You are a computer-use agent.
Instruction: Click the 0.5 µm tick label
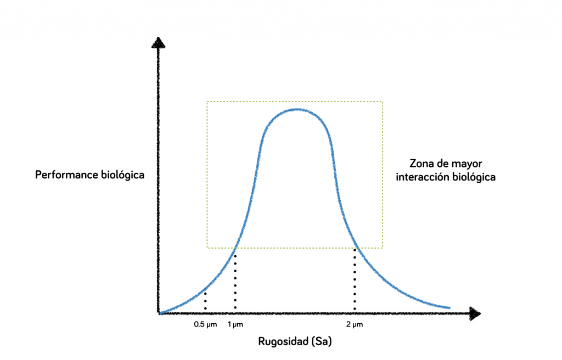[x=205, y=324]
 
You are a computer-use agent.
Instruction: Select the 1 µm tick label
[x=235, y=324]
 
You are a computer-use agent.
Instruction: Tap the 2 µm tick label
[x=355, y=324]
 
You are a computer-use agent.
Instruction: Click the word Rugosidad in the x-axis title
[x=282, y=341]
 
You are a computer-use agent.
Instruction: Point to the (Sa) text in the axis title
[x=321, y=341]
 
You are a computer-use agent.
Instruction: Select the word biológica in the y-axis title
[x=123, y=175]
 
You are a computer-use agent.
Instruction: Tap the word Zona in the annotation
[x=422, y=164]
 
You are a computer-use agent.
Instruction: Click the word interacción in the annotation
[x=421, y=177]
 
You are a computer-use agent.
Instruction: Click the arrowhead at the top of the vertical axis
[x=158, y=42]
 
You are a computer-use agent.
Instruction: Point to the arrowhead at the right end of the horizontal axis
[x=475, y=313]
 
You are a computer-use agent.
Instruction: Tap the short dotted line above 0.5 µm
[x=205, y=300]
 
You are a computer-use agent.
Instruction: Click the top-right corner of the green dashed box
[x=383, y=102]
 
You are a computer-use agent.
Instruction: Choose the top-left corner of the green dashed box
[x=207, y=102]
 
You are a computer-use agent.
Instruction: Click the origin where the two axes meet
[x=159, y=313]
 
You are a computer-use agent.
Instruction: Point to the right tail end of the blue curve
[x=449, y=307]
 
